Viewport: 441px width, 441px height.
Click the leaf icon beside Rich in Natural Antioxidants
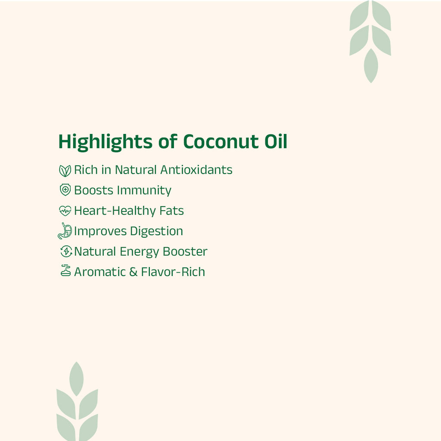click(65, 171)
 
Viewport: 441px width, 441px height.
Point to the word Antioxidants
click(196, 170)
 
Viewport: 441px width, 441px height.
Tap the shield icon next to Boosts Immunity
click(65, 189)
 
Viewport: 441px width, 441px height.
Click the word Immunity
click(144, 191)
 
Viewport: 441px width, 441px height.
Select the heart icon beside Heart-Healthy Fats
click(65, 211)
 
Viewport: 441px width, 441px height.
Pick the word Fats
click(172, 211)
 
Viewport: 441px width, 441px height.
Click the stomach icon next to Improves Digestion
click(65, 231)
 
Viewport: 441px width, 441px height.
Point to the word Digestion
click(156, 232)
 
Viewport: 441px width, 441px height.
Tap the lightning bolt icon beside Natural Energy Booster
click(65, 252)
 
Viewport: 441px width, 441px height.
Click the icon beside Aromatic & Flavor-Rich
click(65, 271)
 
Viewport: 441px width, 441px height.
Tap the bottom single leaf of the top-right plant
click(370, 65)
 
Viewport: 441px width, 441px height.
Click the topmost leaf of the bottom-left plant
click(76, 378)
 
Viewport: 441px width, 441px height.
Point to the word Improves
click(100, 232)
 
